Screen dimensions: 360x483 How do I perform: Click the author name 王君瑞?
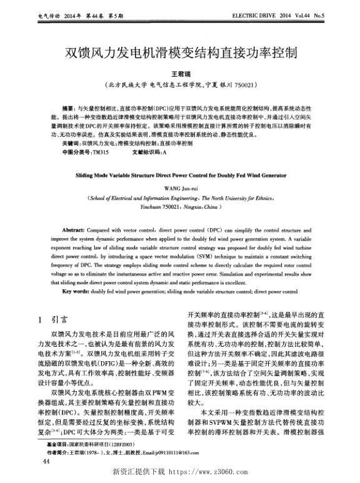click(x=180, y=73)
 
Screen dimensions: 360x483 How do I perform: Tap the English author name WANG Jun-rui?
click(x=181, y=187)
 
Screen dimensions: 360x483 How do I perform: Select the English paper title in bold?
click(x=180, y=176)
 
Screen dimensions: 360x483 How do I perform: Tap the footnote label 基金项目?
click(x=59, y=444)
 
